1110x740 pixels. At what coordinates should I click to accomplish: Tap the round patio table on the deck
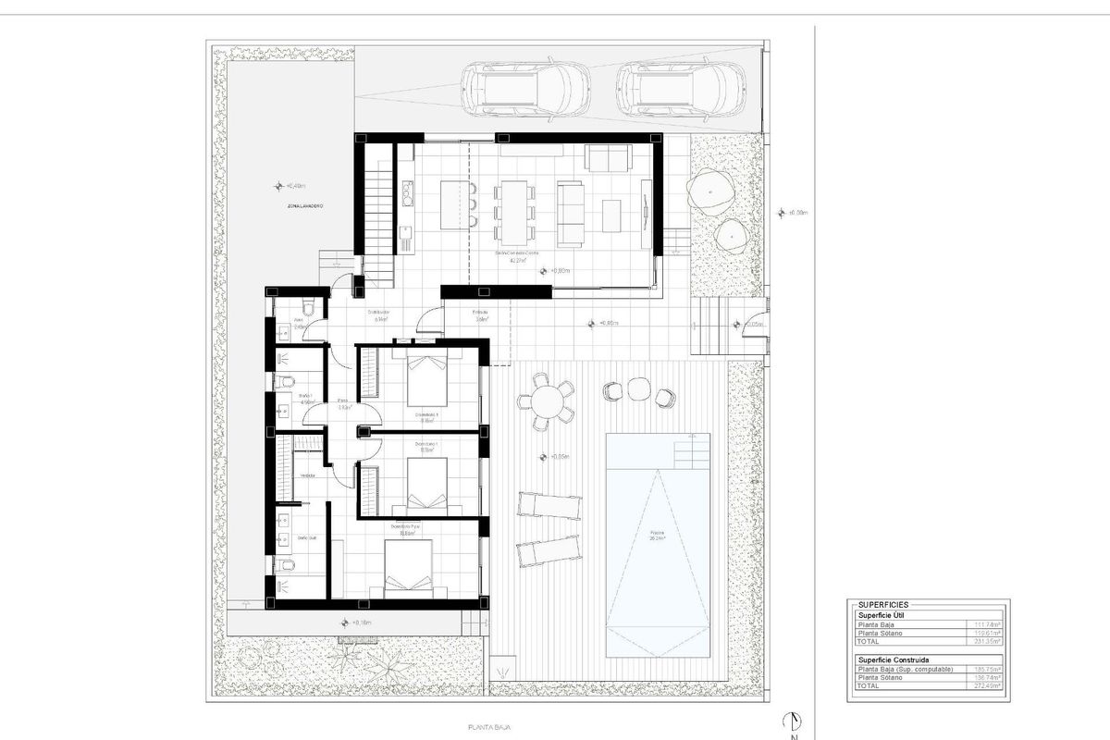546,402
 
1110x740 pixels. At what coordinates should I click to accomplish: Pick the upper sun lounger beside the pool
549,507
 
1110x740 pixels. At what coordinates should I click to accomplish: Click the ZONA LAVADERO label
305,207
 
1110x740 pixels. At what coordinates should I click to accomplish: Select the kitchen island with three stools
454,203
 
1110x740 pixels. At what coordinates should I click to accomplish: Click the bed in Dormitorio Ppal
407,567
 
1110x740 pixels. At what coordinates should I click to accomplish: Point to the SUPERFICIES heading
891,604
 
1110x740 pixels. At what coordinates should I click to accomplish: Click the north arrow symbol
792,721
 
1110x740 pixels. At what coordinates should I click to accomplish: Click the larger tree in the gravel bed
709,191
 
